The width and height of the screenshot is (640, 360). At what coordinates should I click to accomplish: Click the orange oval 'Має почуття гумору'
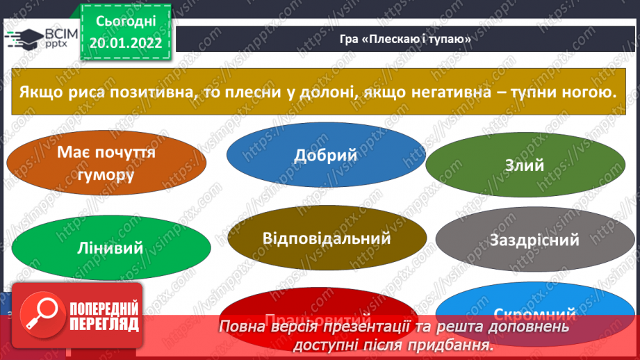(x=106, y=164)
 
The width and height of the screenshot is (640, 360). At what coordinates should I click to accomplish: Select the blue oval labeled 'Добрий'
(x=325, y=154)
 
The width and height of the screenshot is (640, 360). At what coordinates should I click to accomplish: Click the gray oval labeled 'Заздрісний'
(x=534, y=240)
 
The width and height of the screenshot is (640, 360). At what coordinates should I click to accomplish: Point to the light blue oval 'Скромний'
(x=535, y=313)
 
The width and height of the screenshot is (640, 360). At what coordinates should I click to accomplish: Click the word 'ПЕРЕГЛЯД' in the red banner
(x=104, y=324)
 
